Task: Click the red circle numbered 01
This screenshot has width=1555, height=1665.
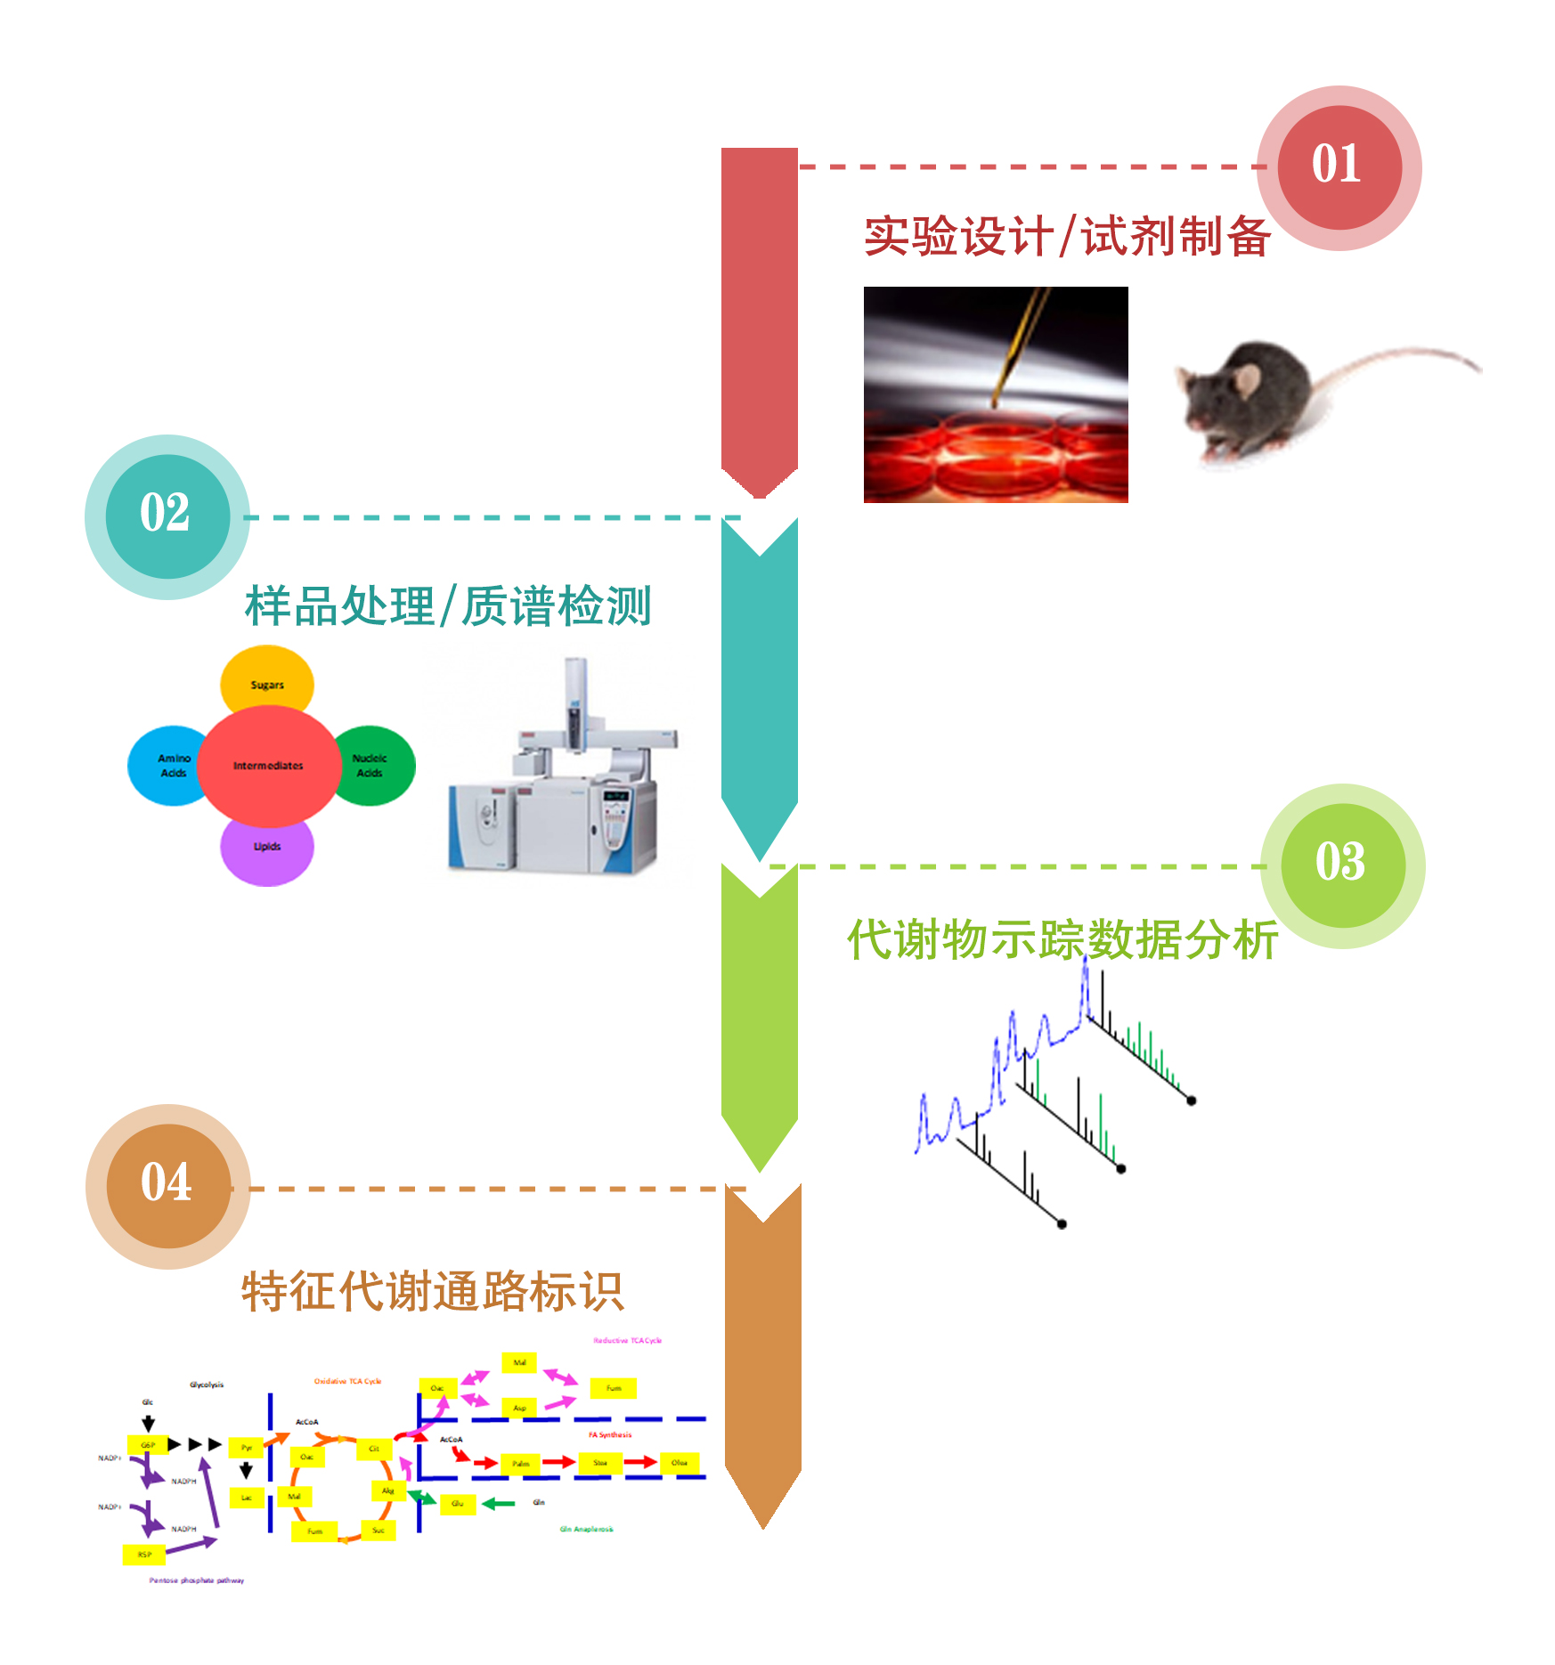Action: tap(1339, 167)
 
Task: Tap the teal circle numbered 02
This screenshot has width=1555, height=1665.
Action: tap(167, 516)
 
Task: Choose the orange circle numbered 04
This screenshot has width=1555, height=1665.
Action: tap(168, 1186)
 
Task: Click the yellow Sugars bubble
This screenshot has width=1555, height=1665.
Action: tap(266, 682)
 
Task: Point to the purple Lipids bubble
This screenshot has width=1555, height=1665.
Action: tap(266, 851)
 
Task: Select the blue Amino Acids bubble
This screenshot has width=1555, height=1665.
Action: tap(169, 766)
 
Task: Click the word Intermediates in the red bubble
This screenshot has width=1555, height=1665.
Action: tap(268, 766)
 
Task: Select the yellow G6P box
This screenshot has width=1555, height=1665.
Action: tap(148, 1444)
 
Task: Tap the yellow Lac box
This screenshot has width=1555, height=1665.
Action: tap(247, 1498)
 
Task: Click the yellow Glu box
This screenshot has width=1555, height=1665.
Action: tap(458, 1504)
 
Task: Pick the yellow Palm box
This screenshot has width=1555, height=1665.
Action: tap(521, 1463)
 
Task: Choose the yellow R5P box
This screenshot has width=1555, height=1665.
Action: tap(144, 1555)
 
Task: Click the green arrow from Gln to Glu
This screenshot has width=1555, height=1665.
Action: tap(500, 1504)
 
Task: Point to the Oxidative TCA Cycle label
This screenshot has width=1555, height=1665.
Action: tap(347, 1381)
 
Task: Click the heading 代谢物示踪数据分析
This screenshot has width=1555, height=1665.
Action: tap(1062, 940)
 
